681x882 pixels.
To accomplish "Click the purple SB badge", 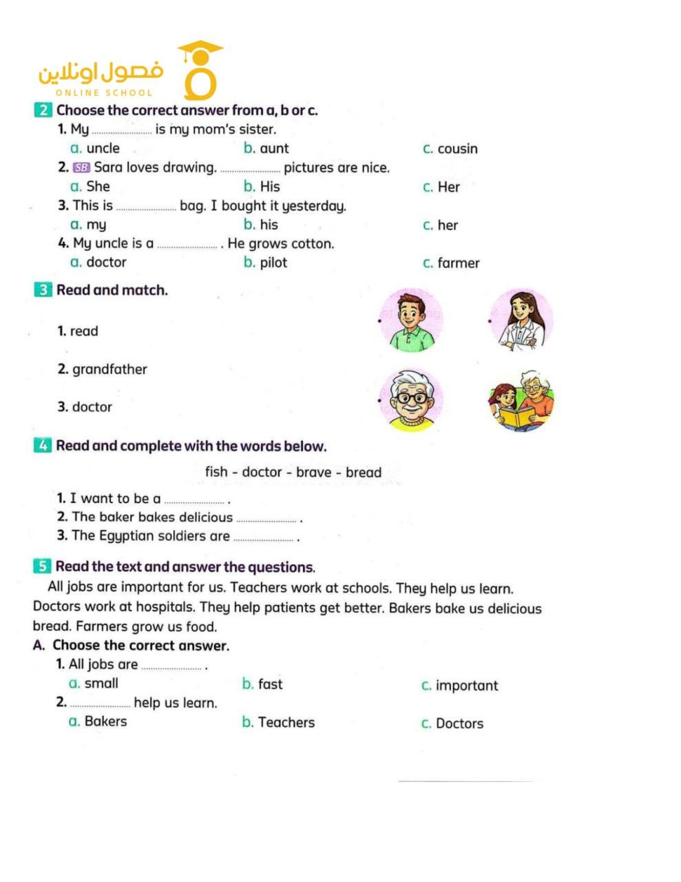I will click(81, 167).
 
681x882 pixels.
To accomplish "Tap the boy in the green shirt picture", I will click(410, 320).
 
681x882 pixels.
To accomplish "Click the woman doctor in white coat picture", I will click(521, 320).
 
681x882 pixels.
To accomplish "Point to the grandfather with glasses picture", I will click(411, 400).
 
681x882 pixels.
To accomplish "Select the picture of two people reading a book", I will click(521, 401).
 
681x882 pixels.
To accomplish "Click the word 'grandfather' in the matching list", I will click(109, 369).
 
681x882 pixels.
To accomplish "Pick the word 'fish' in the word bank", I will click(216, 472).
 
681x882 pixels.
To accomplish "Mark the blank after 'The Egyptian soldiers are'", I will click(264, 539).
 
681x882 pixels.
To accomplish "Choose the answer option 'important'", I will click(466, 686).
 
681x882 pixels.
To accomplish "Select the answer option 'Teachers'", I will click(286, 722).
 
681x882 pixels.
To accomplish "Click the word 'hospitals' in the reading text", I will click(166, 607).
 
